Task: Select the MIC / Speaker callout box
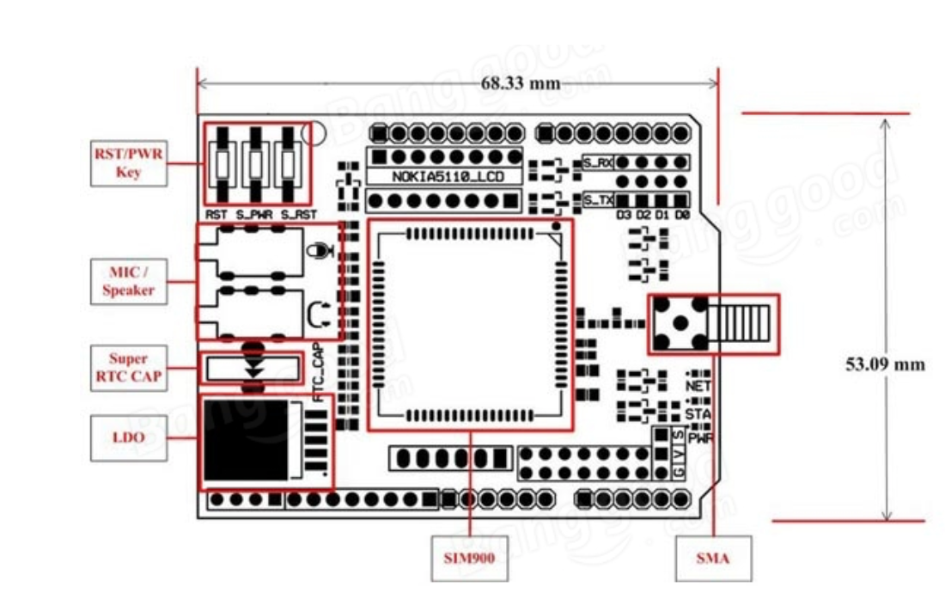(x=128, y=279)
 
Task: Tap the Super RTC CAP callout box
(x=128, y=367)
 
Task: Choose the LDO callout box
(x=128, y=437)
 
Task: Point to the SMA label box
(x=713, y=558)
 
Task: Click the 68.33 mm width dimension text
(x=520, y=83)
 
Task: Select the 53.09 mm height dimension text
(x=886, y=364)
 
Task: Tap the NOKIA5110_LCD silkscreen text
(x=444, y=176)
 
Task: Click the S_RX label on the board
(x=598, y=162)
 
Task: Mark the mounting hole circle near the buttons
(x=316, y=133)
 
